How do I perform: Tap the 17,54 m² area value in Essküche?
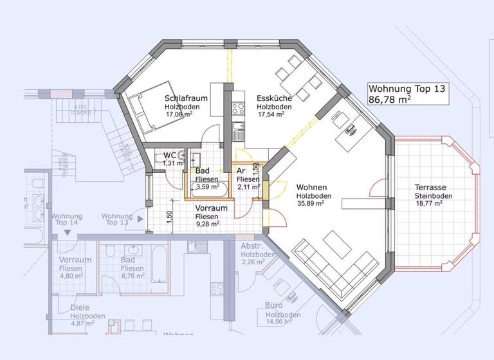tap(271, 115)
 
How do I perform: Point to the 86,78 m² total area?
tap(390, 100)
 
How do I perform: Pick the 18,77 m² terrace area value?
tap(429, 204)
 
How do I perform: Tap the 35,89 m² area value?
tap(310, 203)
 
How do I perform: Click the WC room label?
tap(170, 156)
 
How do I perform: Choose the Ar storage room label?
tap(241, 172)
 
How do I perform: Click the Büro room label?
tap(275, 306)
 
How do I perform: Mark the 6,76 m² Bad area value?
tap(133, 276)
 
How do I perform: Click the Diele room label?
tap(80, 308)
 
